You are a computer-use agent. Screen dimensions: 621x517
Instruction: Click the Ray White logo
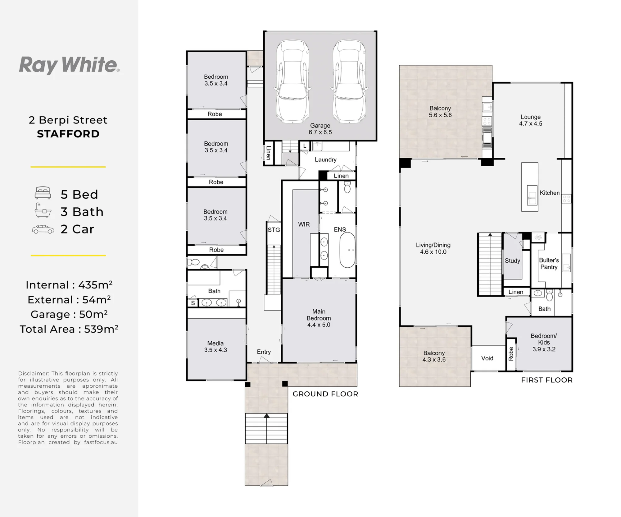pos(69,65)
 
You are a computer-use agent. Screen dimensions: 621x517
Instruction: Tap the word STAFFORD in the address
pos(68,134)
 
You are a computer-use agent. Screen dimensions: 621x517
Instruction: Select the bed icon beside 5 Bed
pos(43,193)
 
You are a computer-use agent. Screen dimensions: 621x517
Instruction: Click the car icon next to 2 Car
pos(43,229)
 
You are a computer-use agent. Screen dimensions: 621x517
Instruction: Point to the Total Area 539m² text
pos(69,329)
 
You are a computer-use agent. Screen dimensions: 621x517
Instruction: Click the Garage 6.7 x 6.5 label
pos(320,129)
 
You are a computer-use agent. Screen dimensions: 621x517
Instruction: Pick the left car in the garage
pos(292,81)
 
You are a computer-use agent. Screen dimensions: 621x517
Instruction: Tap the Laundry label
pos(325,159)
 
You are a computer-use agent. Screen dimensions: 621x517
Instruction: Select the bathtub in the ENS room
pos(347,250)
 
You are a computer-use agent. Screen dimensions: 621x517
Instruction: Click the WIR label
pos(304,224)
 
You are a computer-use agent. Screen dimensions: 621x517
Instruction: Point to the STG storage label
pos(274,230)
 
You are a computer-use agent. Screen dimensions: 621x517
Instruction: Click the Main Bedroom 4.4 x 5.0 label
pos(319,318)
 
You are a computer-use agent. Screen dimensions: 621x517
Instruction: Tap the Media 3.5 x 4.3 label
pos(215,347)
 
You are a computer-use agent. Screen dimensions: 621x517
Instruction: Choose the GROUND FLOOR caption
pos(325,394)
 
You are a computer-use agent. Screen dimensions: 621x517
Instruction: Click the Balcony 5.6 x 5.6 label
pos(440,112)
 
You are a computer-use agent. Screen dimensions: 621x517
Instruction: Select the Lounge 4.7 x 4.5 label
pos(531,120)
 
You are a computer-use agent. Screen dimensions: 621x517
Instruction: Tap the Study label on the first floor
pos(512,261)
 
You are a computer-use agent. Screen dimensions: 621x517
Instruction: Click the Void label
pos(487,358)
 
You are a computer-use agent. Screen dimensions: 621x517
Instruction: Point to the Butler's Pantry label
pos(549,264)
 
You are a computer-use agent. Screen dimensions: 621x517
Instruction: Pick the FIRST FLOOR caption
pos(547,380)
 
